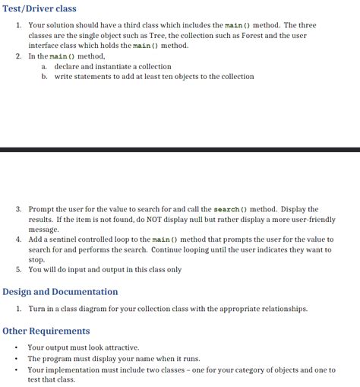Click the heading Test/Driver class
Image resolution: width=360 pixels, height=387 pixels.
pos(39,8)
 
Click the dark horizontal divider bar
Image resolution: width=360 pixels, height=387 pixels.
pos(180,150)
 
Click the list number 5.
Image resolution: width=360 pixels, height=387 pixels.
pos(18,270)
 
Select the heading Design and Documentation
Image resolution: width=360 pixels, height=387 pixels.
pos(61,292)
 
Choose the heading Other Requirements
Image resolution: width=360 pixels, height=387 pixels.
pos(46,331)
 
